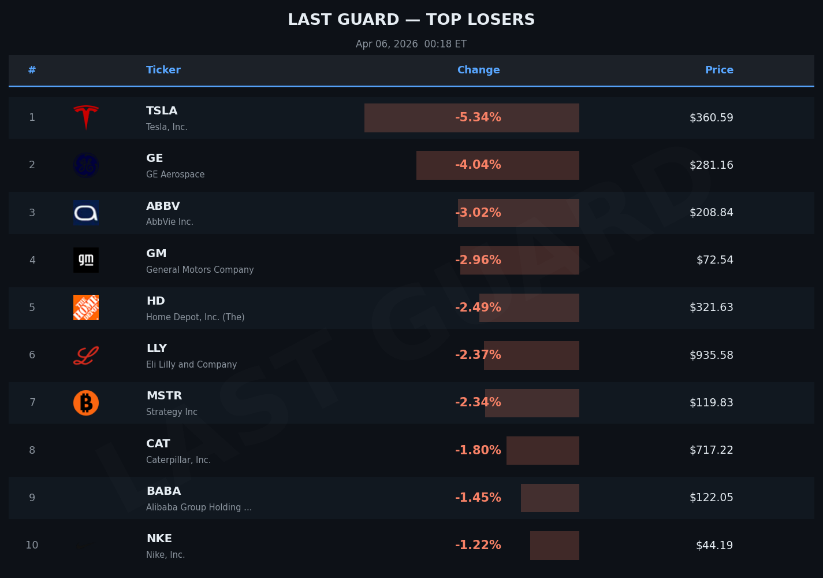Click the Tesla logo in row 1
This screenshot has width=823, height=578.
[x=86, y=117]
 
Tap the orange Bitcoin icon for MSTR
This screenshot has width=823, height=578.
[x=86, y=403]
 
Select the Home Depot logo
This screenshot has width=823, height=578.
[x=86, y=307]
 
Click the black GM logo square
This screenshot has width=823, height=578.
[x=86, y=260]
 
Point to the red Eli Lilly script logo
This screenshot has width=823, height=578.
[x=86, y=355]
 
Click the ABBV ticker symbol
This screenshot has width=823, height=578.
[x=163, y=206]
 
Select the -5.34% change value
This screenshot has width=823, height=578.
[x=478, y=117]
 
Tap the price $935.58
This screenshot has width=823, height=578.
[x=711, y=355]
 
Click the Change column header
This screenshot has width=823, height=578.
[x=478, y=70]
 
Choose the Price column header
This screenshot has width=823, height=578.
[x=719, y=70]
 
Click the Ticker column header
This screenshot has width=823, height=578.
[x=163, y=70]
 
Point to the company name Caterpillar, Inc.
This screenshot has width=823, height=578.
[x=178, y=460]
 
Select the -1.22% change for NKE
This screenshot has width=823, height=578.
[x=478, y=545]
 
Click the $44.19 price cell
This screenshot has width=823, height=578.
[x=714, y=545]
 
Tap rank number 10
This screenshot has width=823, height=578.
[x=32, y=545]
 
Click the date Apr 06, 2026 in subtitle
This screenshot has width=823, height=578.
[x=387, y=44]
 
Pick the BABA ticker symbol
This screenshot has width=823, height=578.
[x=163, y=491]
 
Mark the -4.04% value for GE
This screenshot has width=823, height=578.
[x=478, y=165]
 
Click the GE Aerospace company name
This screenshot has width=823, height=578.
[x=175, y=175]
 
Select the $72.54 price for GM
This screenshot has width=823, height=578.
[x=714, y=260]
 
